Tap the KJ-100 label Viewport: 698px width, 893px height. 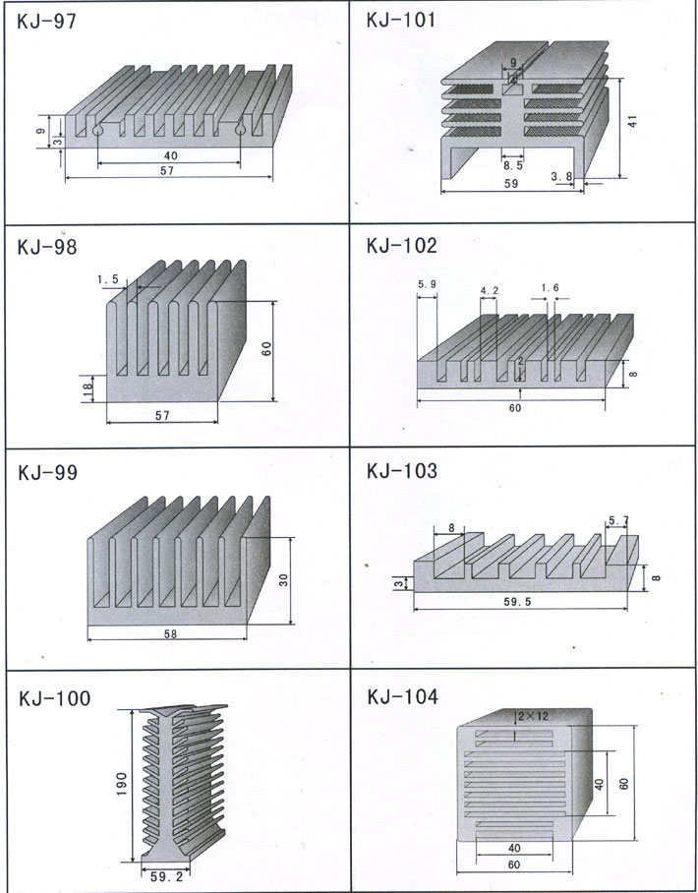54,698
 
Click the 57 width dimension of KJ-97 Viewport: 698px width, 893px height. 169,170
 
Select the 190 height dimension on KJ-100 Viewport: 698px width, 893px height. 119,784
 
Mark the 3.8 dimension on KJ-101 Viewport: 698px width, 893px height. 561,177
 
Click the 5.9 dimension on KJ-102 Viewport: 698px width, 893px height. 427,284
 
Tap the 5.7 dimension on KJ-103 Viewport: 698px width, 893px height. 619,520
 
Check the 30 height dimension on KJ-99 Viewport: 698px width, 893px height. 283,579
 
